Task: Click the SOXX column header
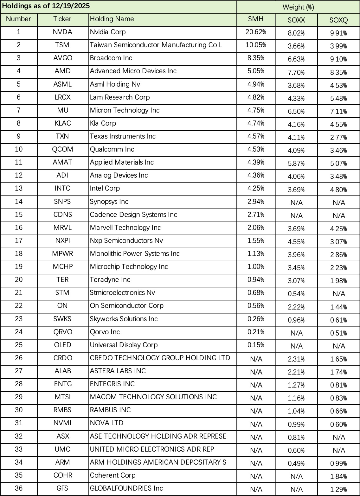coord(296,20)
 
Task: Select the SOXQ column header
coord(338,20)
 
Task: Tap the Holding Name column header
coord(112,19)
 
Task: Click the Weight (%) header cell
coord(298,7)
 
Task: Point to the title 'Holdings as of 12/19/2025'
coord(46,6)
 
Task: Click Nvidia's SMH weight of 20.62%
coord(256,32)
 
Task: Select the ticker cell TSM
coord(62,45)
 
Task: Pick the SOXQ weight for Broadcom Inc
coord(338,59)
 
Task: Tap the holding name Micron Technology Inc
coord(125,110)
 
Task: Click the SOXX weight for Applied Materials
coord(296,163)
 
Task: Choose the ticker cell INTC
coord(62,188)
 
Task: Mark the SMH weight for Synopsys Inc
coord(256,201)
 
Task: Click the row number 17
coord(19,241)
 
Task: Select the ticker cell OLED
coord(62,345)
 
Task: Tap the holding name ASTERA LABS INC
coord(118,371)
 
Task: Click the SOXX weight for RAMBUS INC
coord(296,411)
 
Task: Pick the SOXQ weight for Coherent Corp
coord(338,476)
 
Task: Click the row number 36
coord(19,488)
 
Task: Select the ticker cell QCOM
coord(62,149)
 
